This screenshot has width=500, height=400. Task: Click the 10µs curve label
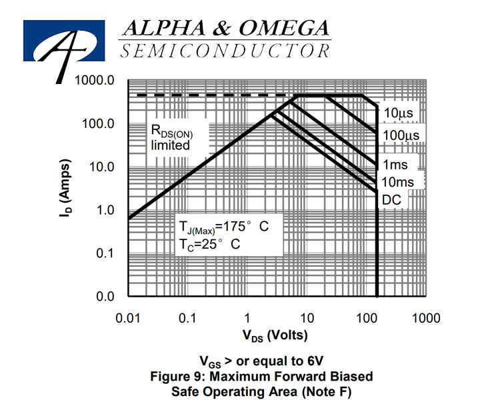[398, 113]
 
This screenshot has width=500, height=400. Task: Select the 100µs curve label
[401, 135]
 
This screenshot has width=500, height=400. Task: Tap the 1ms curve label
[395, 165]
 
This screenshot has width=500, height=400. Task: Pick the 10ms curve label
[397, 182]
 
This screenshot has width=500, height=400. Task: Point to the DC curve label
[391, 200]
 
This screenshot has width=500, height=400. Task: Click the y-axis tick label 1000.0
[94, 80]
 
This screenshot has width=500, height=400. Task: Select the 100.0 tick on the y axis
[98, 123]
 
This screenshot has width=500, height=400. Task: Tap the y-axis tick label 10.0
[101, 167]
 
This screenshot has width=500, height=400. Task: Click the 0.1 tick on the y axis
[105, 253]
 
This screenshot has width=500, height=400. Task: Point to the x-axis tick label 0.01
[128, 318]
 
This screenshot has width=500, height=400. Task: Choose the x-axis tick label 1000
[427, 318]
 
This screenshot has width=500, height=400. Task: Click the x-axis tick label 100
[367, 318]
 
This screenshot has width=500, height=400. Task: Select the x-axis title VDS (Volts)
[275, 335]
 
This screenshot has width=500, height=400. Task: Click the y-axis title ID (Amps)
[65, 188]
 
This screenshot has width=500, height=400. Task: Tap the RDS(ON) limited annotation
[171, 137]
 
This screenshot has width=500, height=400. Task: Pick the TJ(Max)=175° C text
[224, 227]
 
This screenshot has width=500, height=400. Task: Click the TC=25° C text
[209, 245]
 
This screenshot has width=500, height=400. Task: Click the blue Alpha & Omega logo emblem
[64, 41]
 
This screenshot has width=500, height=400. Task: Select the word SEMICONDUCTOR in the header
[225, 51]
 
